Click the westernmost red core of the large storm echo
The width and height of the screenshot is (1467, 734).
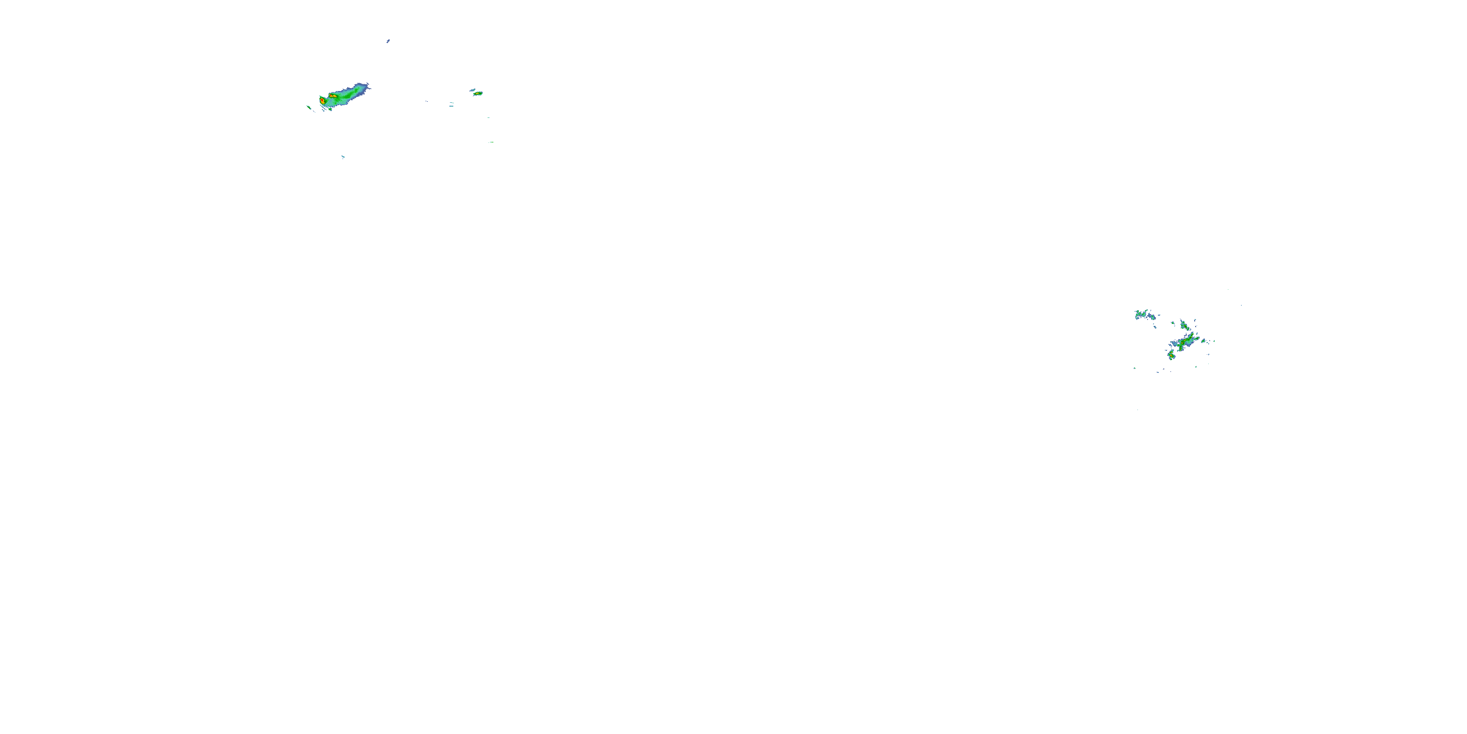tap(322, 101)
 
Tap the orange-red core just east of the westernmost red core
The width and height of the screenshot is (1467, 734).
tap(333, 96)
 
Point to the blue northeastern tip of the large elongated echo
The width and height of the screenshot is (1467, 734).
tap(367, 86)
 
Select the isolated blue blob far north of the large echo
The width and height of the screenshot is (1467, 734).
tap(388, 41)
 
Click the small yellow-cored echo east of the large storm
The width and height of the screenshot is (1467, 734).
tap(479, 93)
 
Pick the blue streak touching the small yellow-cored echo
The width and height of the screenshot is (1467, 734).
tap(472, 90)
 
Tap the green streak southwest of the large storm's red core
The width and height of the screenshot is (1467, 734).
tap(309, 107)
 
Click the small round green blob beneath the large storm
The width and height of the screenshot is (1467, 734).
tap(330, 109)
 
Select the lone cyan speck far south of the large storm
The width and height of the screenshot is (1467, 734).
tap(343, 157)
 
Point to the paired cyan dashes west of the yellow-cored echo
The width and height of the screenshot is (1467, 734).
tap(451, 104)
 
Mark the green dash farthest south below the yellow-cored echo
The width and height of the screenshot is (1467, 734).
tap(491, 142)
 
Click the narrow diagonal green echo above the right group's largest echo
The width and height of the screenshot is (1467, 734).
tap(1184, 325)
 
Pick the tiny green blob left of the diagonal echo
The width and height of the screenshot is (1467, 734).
tap(1172, 323)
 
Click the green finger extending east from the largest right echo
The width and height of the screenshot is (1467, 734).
tap(1198, 339)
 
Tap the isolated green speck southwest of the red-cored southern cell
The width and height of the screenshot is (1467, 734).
tap(1135, 368)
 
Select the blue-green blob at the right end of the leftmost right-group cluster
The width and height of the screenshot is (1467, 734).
tap(1152, 316)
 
